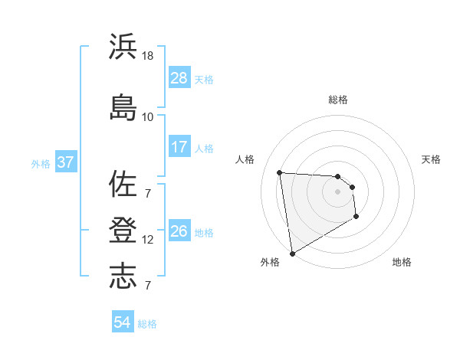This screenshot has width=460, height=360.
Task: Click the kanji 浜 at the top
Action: [123, 47]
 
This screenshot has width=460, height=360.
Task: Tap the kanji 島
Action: [123, 107]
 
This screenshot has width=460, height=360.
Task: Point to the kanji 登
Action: [123, 231]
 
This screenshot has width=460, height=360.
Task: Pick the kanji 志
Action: [123, 277]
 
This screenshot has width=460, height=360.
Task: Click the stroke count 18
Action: [148, 57]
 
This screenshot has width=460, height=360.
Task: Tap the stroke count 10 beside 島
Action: [147, 116]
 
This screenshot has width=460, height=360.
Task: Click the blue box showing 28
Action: [179, 78]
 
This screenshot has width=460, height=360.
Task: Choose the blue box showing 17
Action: [179, 147]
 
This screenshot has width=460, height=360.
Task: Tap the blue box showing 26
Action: [179, 231]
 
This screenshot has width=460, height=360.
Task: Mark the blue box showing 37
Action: [66, 162]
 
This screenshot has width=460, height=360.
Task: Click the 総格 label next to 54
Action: [148, 324]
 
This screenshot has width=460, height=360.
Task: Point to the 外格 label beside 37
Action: [41, 163]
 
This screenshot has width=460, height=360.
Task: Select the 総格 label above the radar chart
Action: [338, 100]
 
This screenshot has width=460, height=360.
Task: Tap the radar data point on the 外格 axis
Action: [292, 253]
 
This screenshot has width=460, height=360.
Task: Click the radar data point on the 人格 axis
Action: [280, 172]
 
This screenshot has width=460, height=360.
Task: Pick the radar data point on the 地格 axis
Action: [356, 217]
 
